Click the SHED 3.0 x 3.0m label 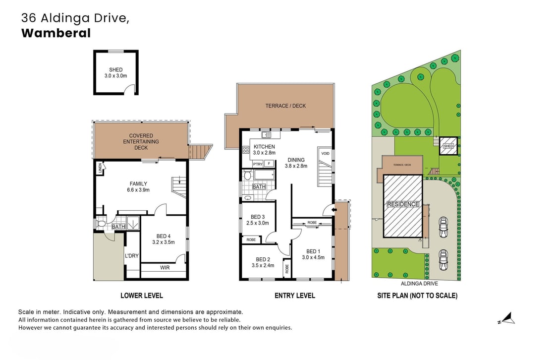(x=116, y=73)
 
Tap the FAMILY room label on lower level (x=138, y=186)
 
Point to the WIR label (x=165, y=268)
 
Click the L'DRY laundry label (x=131, y=256)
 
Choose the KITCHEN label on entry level (x=264, y=150)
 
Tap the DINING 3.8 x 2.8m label (x=296, y=163)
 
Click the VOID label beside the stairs (x=325, y=154)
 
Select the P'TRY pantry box (x=257, y=164)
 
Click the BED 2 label (x=263, y=262)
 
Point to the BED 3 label (x=257, y=220)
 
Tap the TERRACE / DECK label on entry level (x=285, y=106)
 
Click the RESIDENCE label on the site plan (x=403, y=204)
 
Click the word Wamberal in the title (x=55, y=33)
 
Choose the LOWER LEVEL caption (x=142, y=296)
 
